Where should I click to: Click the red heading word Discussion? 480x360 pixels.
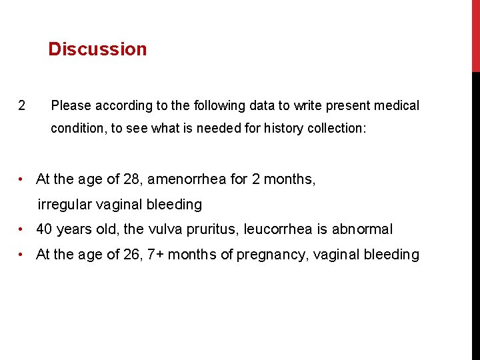pos(97,49)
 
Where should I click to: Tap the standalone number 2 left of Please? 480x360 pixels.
pos(22,105)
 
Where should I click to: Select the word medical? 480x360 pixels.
pos(397,105)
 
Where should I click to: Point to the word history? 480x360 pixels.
pos(284,129)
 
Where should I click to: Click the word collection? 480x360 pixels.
pos(336,129)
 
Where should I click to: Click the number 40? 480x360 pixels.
pos(45,229)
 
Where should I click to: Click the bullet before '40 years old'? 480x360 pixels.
pos(23,230)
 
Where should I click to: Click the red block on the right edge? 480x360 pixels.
pos(475,36)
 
